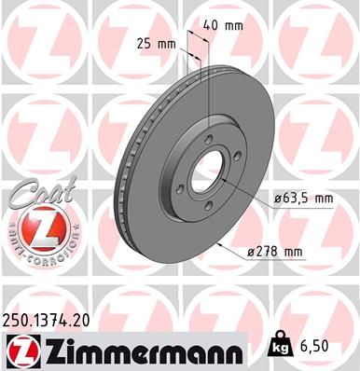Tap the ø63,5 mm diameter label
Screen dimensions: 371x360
[303, 198]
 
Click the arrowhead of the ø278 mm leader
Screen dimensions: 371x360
[217, 244]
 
